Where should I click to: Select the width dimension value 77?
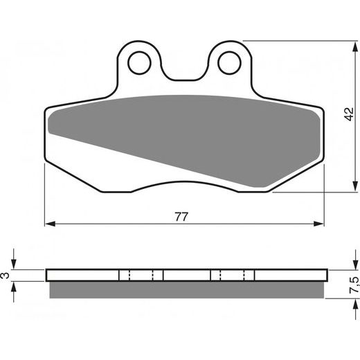pyautogui.click(x=181, y=216)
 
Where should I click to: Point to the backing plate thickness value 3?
pyautogui.click(x=8, y=276)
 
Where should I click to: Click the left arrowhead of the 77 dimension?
pyautogui.click(x=49, y=224)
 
